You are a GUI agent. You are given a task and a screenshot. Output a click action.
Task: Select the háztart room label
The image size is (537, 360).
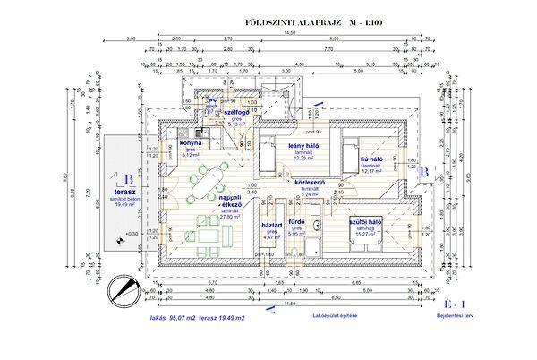pyautogui.click(x=271, y=226)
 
